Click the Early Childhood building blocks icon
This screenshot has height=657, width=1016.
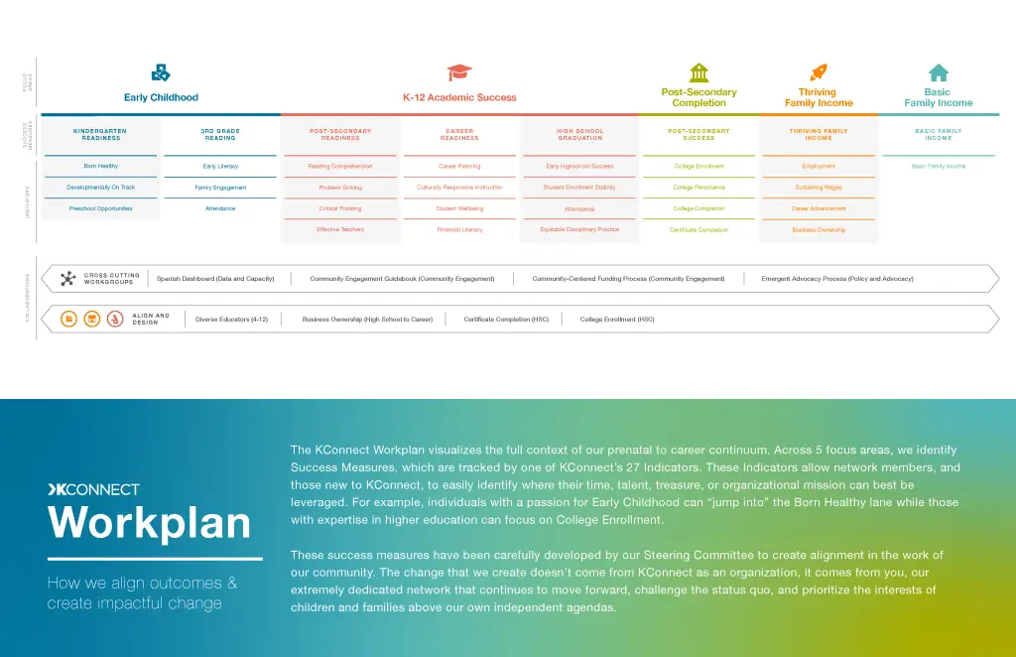click(x=161, y=72)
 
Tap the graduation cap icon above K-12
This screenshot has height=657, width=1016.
click(x=459, y=72)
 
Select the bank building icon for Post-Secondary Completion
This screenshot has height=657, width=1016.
click(x=698, y=72)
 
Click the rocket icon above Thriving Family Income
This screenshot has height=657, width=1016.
click(x=819, y=72)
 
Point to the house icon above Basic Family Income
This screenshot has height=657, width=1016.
click(x=938, y=72)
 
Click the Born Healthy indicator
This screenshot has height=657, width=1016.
click(x=100, y=166)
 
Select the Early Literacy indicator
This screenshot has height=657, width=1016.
click(x=220, y=166)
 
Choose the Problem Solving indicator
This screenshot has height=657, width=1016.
click(x=339, y=188)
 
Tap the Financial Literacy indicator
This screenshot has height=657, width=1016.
click(x=459, y=229)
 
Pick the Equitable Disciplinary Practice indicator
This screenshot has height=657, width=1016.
click(x=579, y=229)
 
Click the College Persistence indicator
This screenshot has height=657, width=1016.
click(x=698, y=188)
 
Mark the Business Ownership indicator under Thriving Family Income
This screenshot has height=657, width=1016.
click(x=819, y=229)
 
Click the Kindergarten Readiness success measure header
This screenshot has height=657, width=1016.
click(x=100, y=135)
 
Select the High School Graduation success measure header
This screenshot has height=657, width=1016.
click(x=579, y=135)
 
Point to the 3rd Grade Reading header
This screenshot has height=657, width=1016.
click(x=220, y=135)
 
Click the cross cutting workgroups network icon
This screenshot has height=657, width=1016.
click(x=67, y=279)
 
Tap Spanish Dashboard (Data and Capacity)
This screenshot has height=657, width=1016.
click(x=215, y=279)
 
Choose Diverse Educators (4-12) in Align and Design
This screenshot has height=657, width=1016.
click(x=231, y=320)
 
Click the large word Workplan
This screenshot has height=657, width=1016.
click(x=149, y=523)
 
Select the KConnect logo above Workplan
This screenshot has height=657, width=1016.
click(x=93, y=489)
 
